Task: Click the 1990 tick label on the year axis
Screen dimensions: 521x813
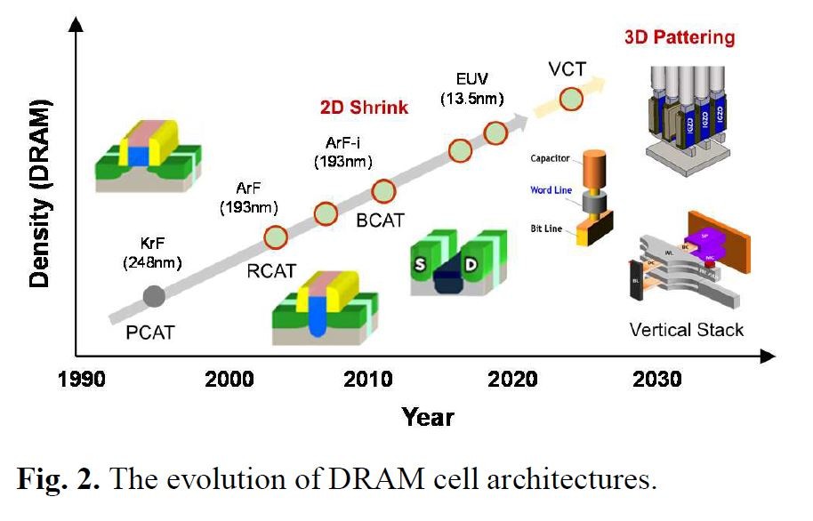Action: click(85, 381)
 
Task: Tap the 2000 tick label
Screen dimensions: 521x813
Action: click(229, 381)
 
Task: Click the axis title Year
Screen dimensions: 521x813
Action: click(429, 416)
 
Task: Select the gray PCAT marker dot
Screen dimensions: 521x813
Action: click(154, 296)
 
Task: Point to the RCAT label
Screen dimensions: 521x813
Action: click(271, 271)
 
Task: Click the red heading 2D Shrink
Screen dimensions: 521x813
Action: click(364, 108)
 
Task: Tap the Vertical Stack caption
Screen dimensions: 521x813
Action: click(686, 329)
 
